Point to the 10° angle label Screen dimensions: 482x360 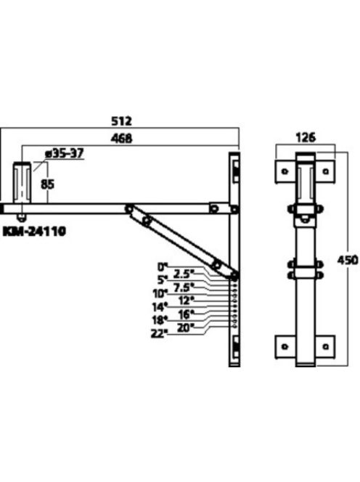click(x=160, y=293)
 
